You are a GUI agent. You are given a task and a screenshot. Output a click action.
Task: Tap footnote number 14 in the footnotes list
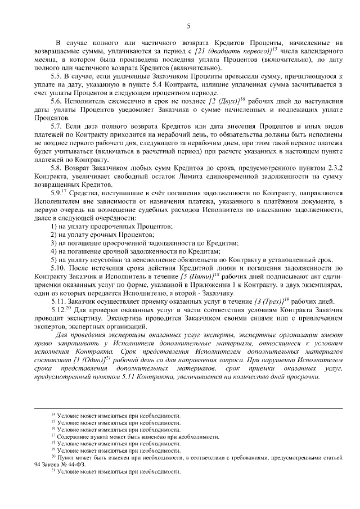click(53, 415)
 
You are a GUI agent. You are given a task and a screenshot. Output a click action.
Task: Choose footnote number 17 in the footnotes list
click(53, 436)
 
